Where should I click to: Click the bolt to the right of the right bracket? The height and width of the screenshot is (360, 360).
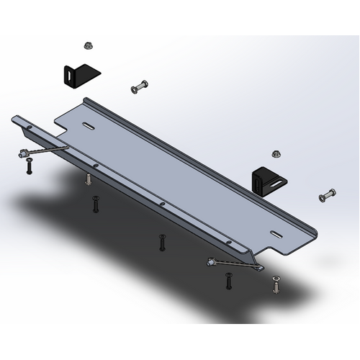pyautogui.click(x=327, y=194)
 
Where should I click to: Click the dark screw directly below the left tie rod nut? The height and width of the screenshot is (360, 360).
pyautogui.click(x=29, y=169)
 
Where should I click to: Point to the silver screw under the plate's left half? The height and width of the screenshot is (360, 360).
pyautogui.click(x=87, y=178)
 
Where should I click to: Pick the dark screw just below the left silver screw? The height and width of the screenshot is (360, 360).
pyautogui.click(x=94, y=204)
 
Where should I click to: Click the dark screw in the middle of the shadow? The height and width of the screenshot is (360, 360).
pyautogui.click(x=163, y=242)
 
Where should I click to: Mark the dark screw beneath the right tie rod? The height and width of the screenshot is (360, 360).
pyautogui.click(x=229, y=281)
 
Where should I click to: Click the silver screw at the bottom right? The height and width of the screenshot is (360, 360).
pyautogui.click(x=276, y=285)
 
